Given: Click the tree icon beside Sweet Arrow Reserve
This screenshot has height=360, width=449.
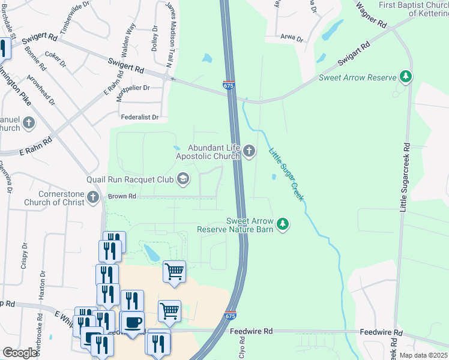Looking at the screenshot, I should pos(406,77).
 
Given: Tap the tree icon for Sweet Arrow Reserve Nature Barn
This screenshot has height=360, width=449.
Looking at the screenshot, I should pos(283,224).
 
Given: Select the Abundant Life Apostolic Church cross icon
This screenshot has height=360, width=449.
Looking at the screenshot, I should pos(249,152).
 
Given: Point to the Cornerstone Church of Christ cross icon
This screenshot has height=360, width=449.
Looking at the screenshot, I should pos(93,197).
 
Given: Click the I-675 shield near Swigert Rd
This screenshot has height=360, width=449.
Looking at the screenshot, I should pos(228,86).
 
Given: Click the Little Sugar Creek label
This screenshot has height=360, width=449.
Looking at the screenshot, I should pos(286,174).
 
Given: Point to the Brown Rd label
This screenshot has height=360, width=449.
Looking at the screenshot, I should pos(122,196).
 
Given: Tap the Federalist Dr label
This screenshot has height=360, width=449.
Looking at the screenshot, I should pos(139,118).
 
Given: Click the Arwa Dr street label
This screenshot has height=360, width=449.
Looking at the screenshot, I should pos(292,37).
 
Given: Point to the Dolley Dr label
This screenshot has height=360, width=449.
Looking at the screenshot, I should pos(155,38).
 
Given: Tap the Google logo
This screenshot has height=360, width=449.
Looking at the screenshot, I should pos(20,353).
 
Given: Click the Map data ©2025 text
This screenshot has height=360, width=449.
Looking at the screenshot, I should pos(423,355).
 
